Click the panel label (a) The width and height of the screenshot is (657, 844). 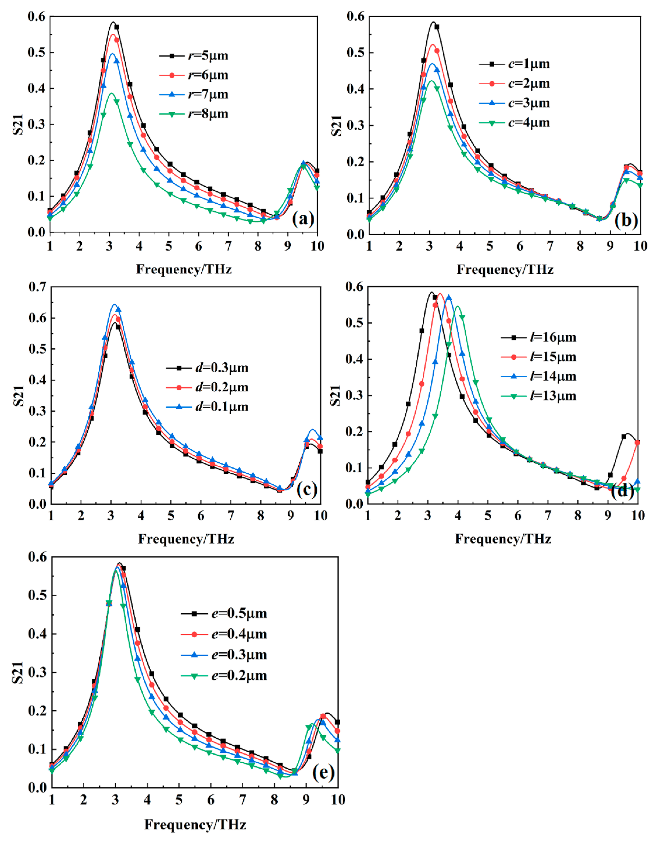click(x=303, y=219)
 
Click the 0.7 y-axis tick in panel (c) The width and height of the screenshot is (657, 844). click(x=38, y=287)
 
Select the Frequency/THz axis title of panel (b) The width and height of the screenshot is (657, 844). click(x=505, y=269)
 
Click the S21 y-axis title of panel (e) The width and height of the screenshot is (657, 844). click(x=18, y=672)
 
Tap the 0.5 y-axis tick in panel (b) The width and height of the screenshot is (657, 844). click(x=356, y=53)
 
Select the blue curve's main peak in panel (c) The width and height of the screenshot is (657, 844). click(x=114, y=304)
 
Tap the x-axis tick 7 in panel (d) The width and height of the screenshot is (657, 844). click(x=548, y=515)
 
